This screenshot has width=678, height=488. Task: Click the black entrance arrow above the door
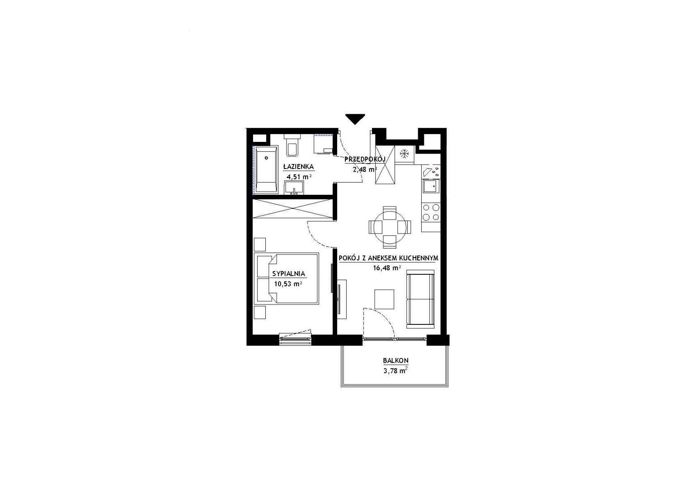[x=355, y=118]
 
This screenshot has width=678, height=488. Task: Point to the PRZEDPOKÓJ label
[x=365, y=159]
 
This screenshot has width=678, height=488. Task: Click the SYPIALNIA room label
[x=288, y=274]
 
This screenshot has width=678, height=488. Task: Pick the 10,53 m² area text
[x=288, y=284]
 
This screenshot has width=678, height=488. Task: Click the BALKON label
[x=395, y=361]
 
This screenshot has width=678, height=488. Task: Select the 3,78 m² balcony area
[x=395, y=371]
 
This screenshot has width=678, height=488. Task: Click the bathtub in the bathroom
[x=267, y=170]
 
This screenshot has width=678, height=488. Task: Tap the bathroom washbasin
[x=294, y=188]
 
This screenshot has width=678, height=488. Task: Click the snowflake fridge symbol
[x=404, y=154]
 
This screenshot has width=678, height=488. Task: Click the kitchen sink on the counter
[x=430, y=186]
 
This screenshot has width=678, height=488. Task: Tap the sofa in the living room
[x=420, y=299]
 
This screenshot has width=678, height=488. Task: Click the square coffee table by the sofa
[x=384, y=299]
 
